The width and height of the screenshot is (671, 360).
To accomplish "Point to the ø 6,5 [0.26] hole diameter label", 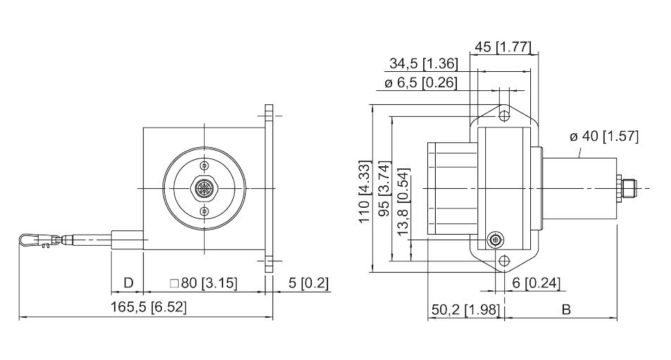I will tap(421, 82).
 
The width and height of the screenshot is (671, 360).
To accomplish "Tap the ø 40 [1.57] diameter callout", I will tap(603, 137).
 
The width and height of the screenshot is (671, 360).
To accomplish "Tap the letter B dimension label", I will tap(565, 310).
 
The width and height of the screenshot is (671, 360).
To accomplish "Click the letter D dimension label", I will tap(128, 283).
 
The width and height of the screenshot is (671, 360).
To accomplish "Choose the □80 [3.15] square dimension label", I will tap(204, 283).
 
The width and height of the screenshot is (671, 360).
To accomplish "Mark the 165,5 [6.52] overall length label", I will tap(149, 308).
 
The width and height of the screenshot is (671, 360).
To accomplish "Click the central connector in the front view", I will tap(204, 188).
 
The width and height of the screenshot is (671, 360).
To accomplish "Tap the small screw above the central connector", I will tap(204, 165).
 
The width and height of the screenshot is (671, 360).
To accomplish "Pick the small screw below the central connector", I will tap(204, 211).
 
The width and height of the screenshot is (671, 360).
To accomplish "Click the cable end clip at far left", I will tap(30, 241).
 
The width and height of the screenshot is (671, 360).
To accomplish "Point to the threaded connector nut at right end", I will tap(627, 188).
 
